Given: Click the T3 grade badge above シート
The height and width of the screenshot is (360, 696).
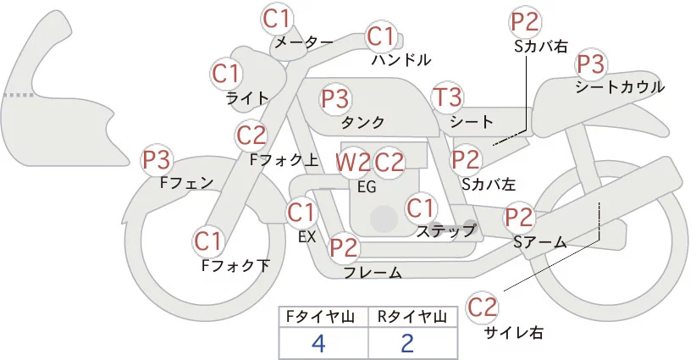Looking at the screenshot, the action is point(447,97).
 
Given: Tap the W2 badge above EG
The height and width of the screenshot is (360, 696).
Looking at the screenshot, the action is point(353,162).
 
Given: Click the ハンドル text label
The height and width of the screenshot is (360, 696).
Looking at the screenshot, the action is point(401,60).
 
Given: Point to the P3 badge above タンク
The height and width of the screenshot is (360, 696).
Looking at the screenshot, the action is point(335,98).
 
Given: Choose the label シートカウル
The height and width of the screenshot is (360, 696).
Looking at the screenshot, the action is point(619,87).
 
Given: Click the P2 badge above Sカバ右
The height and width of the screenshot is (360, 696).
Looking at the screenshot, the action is point(525,22).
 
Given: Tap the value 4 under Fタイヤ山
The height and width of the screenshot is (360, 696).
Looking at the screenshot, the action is point(318,343).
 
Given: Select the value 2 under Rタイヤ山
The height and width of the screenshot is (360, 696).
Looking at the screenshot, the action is point(407,343).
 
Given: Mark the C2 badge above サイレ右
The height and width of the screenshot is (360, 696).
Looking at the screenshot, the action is point(483,306).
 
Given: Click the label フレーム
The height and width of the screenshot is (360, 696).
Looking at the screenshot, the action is point(372,272).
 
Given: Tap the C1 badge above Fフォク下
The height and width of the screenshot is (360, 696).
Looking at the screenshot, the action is point(208,241).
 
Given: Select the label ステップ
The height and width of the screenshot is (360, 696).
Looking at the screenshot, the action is point(446,230).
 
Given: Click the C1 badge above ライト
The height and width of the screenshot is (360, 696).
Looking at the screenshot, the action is point(226,73).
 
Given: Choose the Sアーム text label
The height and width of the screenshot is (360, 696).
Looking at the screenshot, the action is point(539,242).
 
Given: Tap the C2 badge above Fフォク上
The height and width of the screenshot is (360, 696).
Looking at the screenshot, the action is point(251,134).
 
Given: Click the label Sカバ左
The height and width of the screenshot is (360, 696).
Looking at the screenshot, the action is point(489,182).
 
